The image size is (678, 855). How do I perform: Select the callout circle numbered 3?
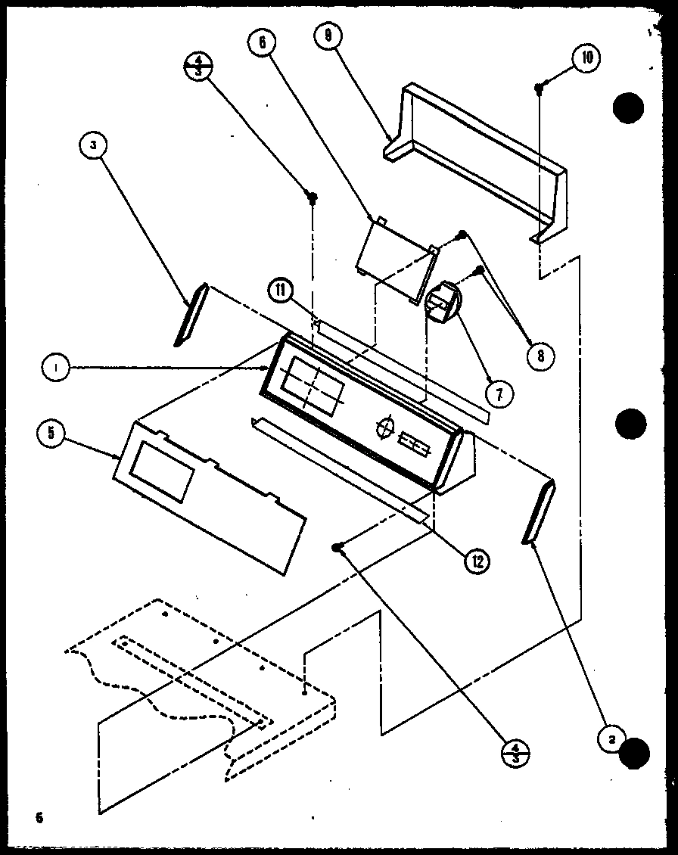(92, 148)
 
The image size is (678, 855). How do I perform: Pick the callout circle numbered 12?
(477, 560)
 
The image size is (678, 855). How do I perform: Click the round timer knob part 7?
(443, 303)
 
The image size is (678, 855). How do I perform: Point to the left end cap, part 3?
(190, 315)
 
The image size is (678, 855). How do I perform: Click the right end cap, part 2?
(539, 511)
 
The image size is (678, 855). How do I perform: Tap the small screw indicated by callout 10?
(539, 89)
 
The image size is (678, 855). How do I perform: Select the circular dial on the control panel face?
(385, 427)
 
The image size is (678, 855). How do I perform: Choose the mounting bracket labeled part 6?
(393, 257)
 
